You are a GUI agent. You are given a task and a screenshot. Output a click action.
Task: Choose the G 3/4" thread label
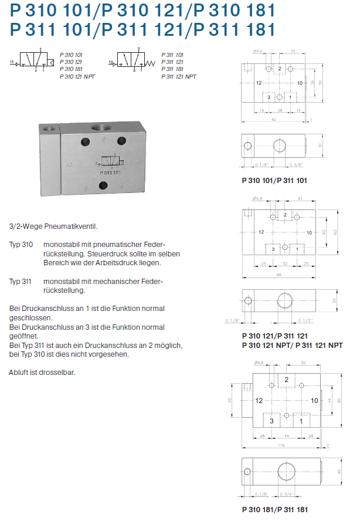point(288,492)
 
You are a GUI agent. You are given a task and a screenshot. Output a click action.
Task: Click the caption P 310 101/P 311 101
point(274,181)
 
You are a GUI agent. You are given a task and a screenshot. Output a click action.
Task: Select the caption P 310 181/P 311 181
point(275,510)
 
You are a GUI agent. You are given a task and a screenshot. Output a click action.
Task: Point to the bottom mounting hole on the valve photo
point(103,187)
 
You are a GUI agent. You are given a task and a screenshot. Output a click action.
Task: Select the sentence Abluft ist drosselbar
point(43,373)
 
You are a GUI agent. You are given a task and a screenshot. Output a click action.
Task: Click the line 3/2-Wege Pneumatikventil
point(53,226)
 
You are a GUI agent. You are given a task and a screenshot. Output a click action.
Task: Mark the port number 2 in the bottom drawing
point(287,380)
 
